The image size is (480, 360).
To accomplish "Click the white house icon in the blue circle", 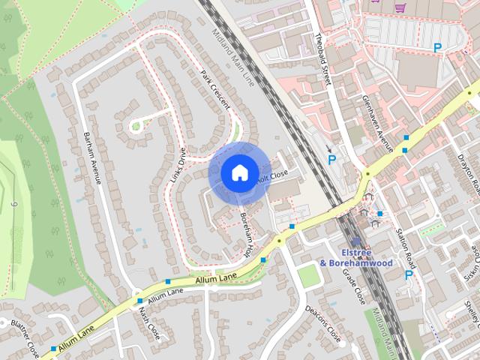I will click(x=238, y=172).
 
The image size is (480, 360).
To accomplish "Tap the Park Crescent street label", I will click(x=215, y=90).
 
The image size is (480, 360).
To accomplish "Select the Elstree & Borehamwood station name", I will click(x=355, y=258).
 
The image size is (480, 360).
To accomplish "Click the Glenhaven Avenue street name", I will click(x=377, y=124).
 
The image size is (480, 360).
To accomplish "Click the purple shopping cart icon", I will click(x=400, y=7).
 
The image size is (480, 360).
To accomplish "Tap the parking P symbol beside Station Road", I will click(x=409, y=275).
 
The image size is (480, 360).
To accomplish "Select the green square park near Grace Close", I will click(x=309, y=274).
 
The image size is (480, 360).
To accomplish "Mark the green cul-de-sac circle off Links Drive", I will click(x=136, y=126).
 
